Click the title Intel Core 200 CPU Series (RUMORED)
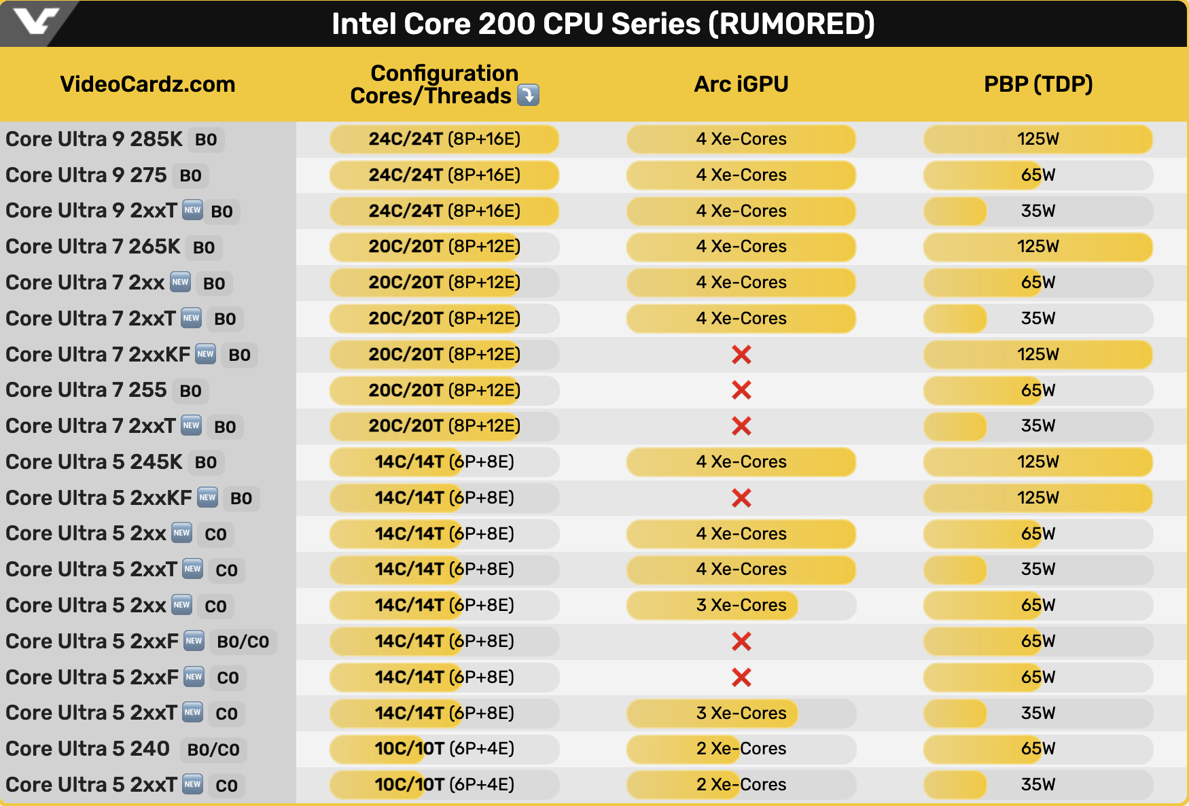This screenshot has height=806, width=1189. [x=603, y=24]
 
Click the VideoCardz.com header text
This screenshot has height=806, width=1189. [x=147, y=84]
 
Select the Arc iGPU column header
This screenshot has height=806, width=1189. [x=741, y=84]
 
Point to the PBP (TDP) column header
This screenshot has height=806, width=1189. [x=1038, y=84]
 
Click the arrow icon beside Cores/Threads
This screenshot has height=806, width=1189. [x=528, y=95]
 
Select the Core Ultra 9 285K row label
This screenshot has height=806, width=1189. [x=94, y=139]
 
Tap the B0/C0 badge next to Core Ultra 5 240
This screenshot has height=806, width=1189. [x=213, y=750]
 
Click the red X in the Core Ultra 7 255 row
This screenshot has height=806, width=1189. [x=741, y=390]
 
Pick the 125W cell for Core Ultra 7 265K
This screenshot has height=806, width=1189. [x=1038, y=247]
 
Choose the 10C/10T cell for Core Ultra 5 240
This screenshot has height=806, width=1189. [x=444, y=749]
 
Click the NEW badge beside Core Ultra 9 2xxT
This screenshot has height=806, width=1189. [x=193, y=210]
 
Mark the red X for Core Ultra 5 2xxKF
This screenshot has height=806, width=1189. [x=741, y=498]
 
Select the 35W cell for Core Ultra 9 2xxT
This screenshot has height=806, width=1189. [x=1038, y=211]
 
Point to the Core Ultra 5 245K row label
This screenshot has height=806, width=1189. [x=94, y=462]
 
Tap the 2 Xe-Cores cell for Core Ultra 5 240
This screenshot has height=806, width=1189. [x=741, y=749]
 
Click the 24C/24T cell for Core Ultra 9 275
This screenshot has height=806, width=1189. [x=444, y=175]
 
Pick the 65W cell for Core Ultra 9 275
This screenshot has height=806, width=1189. [x=1038, y=175]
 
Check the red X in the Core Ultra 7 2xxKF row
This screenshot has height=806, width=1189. [x=741, y=354]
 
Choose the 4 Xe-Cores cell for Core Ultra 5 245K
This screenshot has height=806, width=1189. [x=741, y=462]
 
